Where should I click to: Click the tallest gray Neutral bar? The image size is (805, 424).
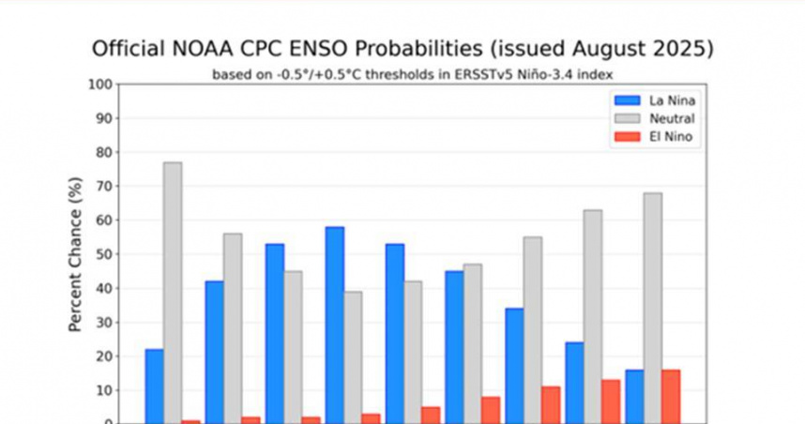173,292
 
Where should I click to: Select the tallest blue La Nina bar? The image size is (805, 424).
334,325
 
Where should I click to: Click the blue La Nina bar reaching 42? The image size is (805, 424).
214,352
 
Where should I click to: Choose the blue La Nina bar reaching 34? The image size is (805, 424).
514,366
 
